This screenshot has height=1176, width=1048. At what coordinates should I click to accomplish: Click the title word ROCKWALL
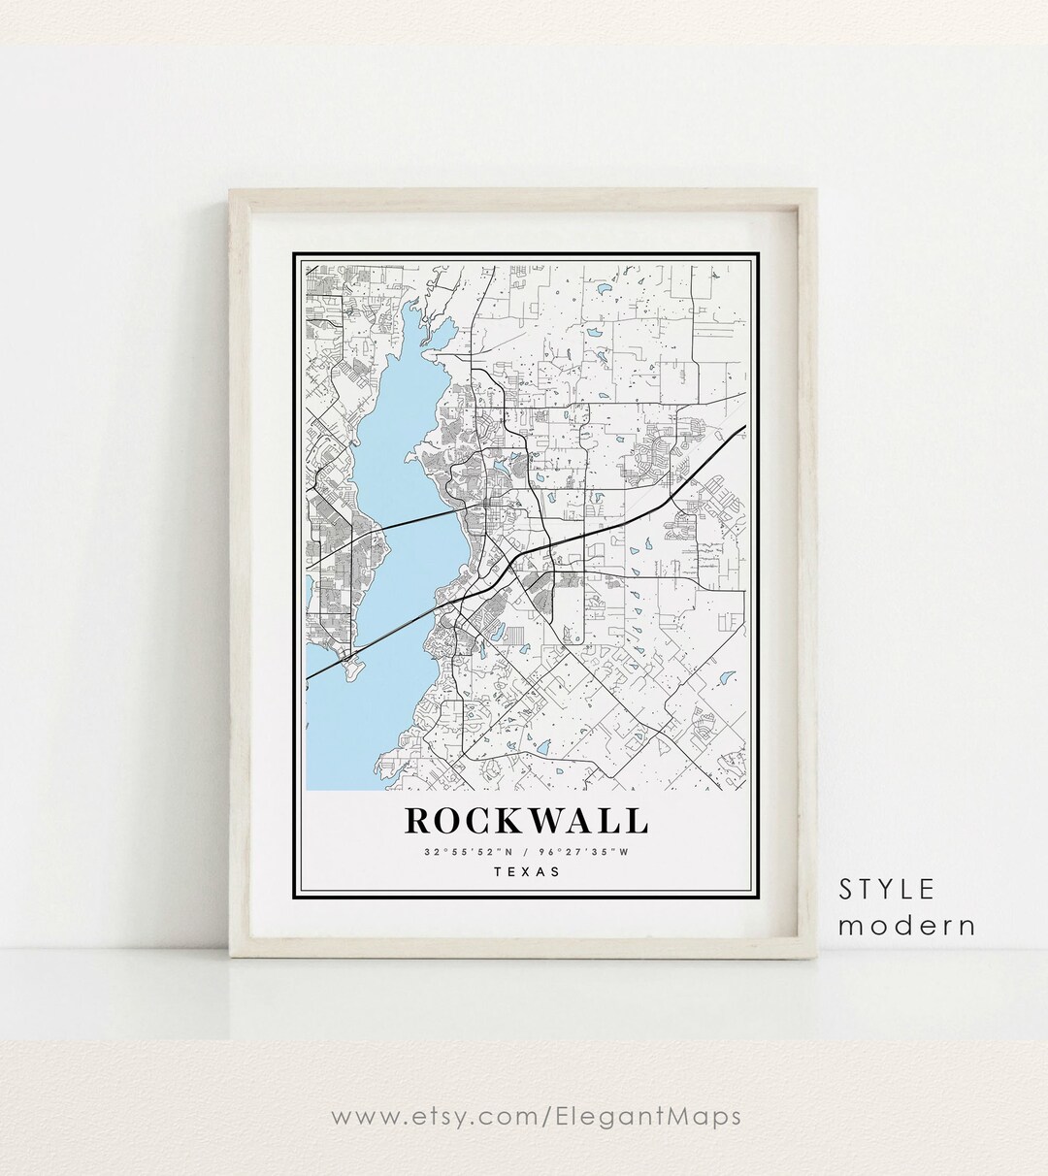click(x=526, y=820)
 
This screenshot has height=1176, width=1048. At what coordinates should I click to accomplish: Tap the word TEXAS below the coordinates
click(x=527, y=871)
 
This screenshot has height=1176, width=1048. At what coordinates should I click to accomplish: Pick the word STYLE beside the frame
click(x=887, y=889)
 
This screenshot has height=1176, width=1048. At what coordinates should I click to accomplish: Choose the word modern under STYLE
click(x=907, y=926)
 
